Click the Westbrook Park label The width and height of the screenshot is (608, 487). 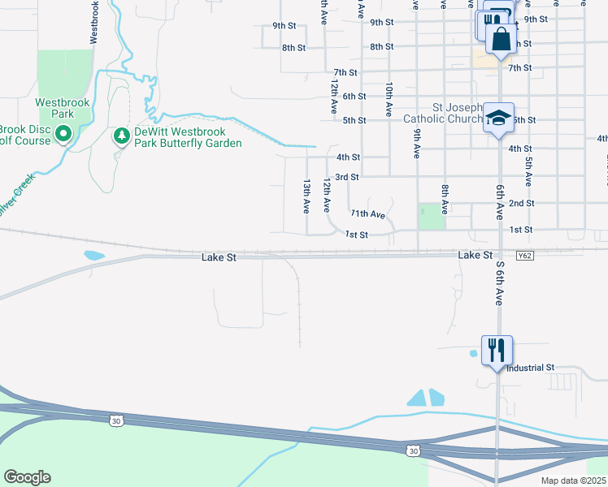pyautogui.click(x=55, y=109)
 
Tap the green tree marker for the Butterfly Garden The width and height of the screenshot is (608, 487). pyautogui.click(x=121, y=136)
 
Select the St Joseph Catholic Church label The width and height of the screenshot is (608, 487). pyautogui.click(x=445, y=113)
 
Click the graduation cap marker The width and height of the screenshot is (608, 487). pyautogui.click(x=498, y=117)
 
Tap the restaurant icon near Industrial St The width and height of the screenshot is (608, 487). pyautogui.click(x=496, y=351)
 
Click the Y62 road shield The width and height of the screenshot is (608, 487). pyautogui.click(x=525, y=256)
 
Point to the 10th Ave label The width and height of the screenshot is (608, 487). pyautogui.click(x=389, y=97)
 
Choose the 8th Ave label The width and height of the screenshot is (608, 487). pyautogui.click(x=445, y=199)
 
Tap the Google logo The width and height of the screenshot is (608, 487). pyautogui.click(x=27, y=477)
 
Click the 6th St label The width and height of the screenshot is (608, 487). pyautogui.click(x=354, y=97)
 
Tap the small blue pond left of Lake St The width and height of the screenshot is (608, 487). pyautogui.click(x=93, y=256)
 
